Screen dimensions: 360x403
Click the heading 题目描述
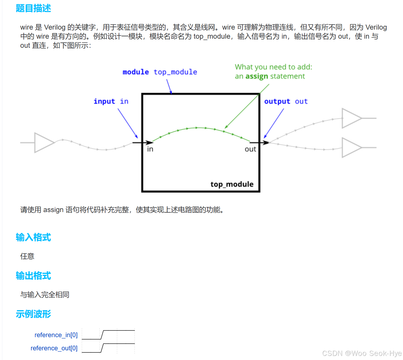pyautogui.click(x=33, y=8)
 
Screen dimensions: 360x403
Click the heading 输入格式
pyautogui.click(x=33, y=237)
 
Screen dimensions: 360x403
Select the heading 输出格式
pyautogui.click(x=33, y=276)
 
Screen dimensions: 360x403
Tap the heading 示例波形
pyautogui.click(x=33, y=314)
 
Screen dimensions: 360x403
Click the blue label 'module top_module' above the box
pyautogui.click(x=160, y=72)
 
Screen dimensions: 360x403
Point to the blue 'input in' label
pyautogui.click(x=111, y=101)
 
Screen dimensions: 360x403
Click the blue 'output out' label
pyautogui.click(x=286, y=101)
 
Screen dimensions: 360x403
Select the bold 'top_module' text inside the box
pyautogui.click(x=232, y=184)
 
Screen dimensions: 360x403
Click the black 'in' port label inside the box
pyautogui.click(x=150, y=149)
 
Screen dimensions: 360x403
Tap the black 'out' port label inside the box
pyautogui.click(x=250, y=149)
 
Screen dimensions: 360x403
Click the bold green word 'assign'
pyautogui.click(x=257, y=76)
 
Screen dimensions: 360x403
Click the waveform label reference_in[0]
pyautogui.click(x=56, y=335)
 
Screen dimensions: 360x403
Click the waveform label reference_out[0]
pyautogui.click(x=54, y=348)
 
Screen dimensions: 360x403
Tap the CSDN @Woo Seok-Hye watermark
pyautogui.click(x=362, y=353)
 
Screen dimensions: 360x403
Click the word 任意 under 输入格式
pyautogui.click(x=27, y=256)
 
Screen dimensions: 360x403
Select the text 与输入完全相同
pyautogui.click(x=45, y=295)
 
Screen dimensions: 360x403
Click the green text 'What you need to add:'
pyautogui.click(x=273, y=67)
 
